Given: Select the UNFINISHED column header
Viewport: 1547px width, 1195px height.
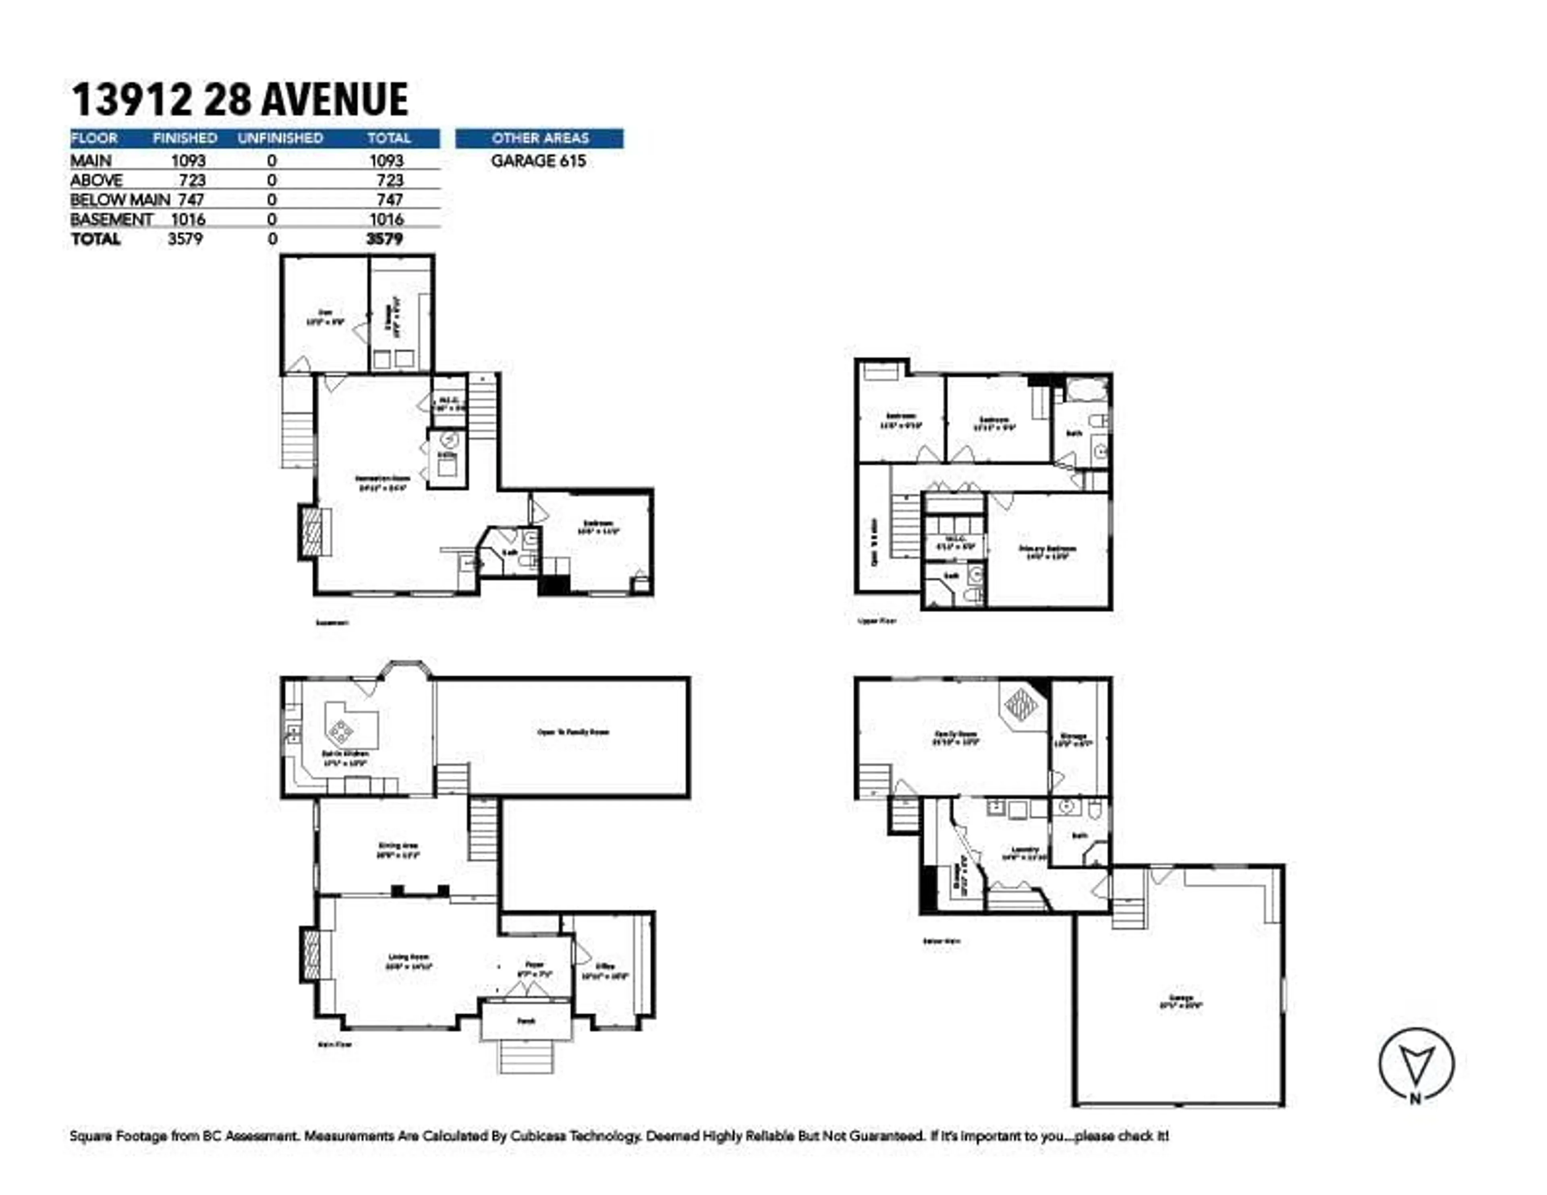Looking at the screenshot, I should tap(280, 138).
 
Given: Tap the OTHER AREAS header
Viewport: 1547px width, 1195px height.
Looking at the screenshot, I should tap(540, 138).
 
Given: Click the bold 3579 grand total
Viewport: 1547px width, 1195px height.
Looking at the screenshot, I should tap(385, 239).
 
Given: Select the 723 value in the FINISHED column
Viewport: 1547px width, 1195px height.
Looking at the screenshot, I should tap(192, 180).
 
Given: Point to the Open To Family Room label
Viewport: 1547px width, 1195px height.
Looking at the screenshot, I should tap(573, 732).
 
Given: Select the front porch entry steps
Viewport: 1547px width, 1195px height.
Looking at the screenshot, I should tap(526, 1056).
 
